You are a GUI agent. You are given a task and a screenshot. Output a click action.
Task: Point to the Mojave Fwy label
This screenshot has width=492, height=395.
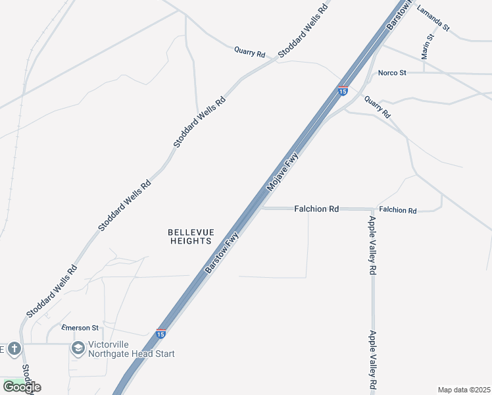[283, 172]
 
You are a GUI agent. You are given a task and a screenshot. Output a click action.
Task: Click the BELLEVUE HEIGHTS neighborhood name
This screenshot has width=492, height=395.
[191, 237]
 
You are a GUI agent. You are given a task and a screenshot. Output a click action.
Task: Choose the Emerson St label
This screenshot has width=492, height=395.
[80, 327]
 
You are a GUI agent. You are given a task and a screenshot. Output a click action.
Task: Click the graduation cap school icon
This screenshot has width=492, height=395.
[78, 348]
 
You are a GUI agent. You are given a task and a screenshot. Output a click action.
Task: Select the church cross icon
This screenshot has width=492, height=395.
[14, 348]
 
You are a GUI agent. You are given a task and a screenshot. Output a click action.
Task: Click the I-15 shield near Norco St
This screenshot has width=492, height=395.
[343, 90]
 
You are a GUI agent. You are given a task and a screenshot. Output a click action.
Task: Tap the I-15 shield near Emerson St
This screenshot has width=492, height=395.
[160, 334]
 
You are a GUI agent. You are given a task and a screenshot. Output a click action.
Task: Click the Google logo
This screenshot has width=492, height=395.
[22, 387]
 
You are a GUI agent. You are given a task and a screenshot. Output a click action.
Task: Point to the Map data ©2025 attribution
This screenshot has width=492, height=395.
[463, 390]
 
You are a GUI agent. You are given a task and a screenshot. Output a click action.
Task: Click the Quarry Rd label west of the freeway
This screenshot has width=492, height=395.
[249, 51]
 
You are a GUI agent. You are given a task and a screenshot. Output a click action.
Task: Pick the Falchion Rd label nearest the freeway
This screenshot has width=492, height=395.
[316, 209]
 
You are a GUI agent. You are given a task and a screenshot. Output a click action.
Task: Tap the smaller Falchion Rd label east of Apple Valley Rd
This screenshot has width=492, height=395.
[398, 211]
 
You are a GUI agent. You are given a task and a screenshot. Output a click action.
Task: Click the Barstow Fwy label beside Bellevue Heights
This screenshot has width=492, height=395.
[222, 256]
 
